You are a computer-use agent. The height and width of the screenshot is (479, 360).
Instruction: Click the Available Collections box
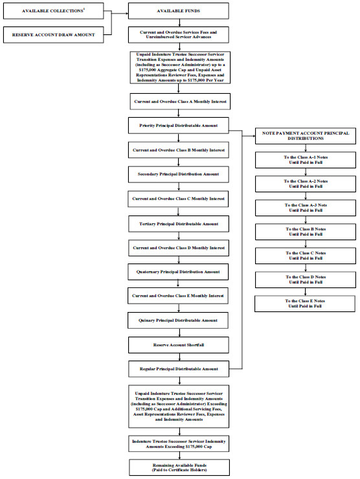[x=54, y=11]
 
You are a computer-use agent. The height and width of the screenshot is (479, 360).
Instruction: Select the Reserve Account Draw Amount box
[x=54, y=35]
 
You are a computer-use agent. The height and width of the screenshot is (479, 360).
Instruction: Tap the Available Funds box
[x=179, y=11]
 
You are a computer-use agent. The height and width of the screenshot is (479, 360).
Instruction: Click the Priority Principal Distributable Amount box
[x=179, y=126]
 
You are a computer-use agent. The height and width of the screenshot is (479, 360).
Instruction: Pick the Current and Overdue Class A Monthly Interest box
[x=180, y=102]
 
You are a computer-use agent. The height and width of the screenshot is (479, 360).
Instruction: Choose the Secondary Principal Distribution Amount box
[x=179, y=174]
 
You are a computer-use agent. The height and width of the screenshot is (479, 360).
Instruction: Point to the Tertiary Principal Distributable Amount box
[x=179, y=224]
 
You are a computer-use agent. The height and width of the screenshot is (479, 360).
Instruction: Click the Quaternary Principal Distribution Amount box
[x=178, y=272]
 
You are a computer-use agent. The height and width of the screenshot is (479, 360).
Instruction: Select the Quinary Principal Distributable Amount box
[x=178, y=320]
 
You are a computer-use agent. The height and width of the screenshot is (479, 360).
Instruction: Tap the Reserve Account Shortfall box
[x=179, y=345]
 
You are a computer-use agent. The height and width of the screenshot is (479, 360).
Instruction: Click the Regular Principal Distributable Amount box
[x=179, y=369]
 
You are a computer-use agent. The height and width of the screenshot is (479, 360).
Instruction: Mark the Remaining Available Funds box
[x=179, y=467]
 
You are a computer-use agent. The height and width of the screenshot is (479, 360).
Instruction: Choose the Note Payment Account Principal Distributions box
[x=306, y=136]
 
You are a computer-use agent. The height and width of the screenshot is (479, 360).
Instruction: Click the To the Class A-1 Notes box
[x=306, y=160]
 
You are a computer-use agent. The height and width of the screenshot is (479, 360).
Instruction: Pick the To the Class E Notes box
[x=305, y=304]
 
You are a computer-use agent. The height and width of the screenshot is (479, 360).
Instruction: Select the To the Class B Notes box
[x=306, y=232]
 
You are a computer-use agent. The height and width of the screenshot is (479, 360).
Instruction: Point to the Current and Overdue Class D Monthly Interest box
[x=179, y=248]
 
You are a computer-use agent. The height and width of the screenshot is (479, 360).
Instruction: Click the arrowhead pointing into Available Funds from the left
[x=126, y=14]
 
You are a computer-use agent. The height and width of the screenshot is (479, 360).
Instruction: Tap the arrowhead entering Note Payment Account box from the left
[x=253, y=136]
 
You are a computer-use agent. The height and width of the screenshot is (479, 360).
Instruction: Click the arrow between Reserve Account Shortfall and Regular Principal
[x=180, y=357]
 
